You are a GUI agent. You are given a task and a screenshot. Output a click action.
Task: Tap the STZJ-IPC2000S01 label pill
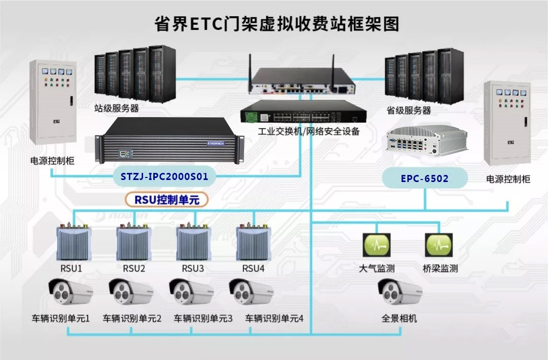[x=164, y=177]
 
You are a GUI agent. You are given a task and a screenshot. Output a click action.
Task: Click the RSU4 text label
[x=253, y=268]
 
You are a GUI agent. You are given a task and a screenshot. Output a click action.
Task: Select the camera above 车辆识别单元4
[x=252, y=293]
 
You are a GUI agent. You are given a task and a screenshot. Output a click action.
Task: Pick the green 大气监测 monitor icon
[x=376, y=245]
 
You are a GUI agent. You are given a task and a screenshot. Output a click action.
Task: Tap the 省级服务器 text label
[x=408, y=110]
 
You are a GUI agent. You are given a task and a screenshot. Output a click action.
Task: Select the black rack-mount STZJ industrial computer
[x=169, y=141]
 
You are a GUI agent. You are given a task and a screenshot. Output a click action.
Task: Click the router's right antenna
[x=333, y=71]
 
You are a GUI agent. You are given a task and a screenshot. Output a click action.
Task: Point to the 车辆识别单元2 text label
[x=132, y=318]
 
